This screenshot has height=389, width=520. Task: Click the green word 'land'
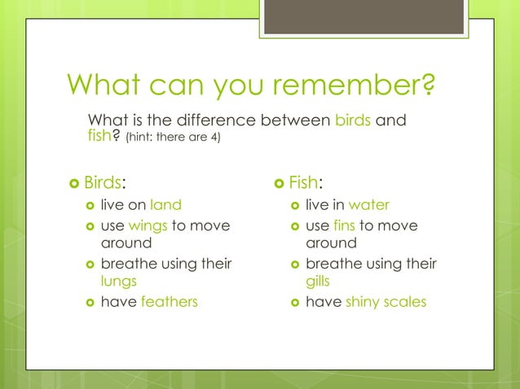pyautogui.click(x=165, y=205)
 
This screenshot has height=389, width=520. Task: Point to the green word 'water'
pyautogui.click(x=368, y=205)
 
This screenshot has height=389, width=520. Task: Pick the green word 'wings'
pyautogui.click(x=147, y=225)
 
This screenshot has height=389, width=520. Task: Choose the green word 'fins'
pyautogui.click(x=344, y=225)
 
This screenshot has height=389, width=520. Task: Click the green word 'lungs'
pyautogui.click(x=118, y=281)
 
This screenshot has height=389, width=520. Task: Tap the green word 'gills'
pyautogui.click(x=319, y=281)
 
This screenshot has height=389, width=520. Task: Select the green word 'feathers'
pyautogui.click(x=169, y=302)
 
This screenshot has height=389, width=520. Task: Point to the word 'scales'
pyautogui.click(x=406, y=302)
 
